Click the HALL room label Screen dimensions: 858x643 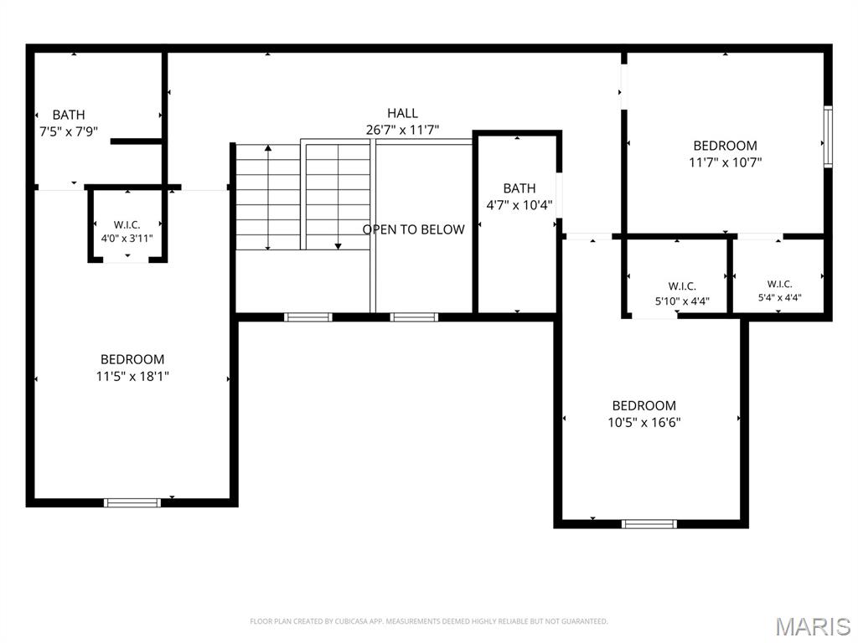pyautogui.click(x=402, y=113)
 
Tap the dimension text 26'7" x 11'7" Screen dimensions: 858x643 pyautogui.click(x=402, y=130)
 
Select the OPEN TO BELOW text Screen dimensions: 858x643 pyautogui.click(x=414, y=229)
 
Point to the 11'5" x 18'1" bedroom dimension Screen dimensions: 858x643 pyautogui.click(x=132, y=376)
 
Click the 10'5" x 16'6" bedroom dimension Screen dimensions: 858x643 pyautogui.click(x=644, y=422)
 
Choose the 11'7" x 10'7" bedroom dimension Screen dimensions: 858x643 pyautogui.click(x=725, y=162)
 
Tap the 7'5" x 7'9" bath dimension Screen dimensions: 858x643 pyautogui.click(x=69, y=131)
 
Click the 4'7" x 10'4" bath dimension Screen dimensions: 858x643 pyautogui.click(x=519, y=205)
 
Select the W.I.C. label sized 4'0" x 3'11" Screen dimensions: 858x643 pyautogui.click(x=127, y=224)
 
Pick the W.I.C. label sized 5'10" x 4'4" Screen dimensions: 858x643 pyautogui.click(x=682, y=286)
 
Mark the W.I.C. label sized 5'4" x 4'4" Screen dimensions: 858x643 pyautogui.click(x=779, y=284)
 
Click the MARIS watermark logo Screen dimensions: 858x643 pyautogui.click(x=813, y=626)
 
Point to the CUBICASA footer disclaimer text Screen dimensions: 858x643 pyautogui.click(x=428, y=621)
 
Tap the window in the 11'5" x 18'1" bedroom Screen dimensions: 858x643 pyautogui.click(x=132, y=503)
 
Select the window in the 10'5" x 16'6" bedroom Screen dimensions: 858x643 pyautogui.click(x=649, y=524)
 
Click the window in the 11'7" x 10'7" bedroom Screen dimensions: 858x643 pyautogui.click(x=828, y=136)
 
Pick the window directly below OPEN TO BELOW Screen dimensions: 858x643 pyautogui.click(x=414, y=317)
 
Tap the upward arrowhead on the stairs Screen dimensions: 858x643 pyautogui.click(x=268, y=148)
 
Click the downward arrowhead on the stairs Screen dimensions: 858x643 pyautogui.click(x=339, y=247)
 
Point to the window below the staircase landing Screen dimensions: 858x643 pyautogui.click(x=308, y=317)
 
